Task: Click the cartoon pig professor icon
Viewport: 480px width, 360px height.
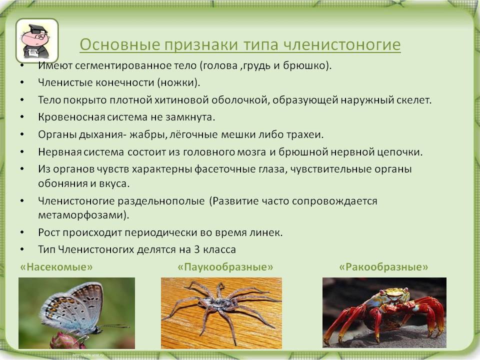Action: point(36,40)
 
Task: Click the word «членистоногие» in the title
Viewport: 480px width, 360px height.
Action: point(342,44)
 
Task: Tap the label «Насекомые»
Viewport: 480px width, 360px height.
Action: point(56,267)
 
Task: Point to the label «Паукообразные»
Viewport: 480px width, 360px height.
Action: point(225,267)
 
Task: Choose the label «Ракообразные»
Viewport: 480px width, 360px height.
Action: point(383,267)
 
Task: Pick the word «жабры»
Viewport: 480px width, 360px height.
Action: point(148,134)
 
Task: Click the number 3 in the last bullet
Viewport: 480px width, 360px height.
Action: point(197,249)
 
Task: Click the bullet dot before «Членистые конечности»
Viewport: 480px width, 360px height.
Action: point(22,82)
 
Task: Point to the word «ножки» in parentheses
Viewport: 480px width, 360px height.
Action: point(177,82)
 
